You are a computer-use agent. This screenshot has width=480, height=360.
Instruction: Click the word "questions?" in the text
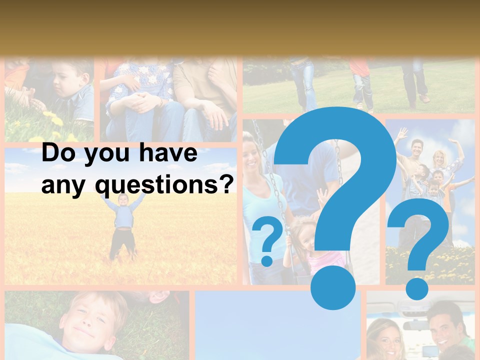pyautogui.click(x=165, y=186)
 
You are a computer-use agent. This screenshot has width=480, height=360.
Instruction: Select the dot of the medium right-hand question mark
pyautogui.click(x=416, y=288)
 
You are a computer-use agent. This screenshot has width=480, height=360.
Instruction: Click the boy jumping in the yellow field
pyautogui.click(x=123, y=225)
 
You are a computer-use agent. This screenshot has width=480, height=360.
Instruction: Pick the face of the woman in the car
pyautogui.click(x=387, y=337)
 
